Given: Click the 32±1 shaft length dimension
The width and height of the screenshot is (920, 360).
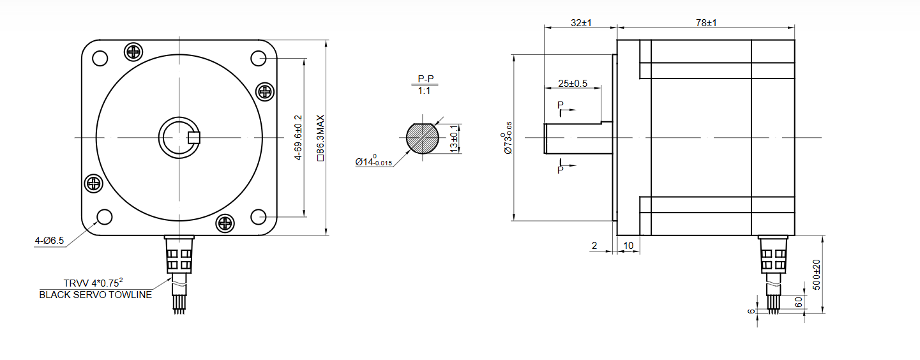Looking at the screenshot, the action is tap(581, 23).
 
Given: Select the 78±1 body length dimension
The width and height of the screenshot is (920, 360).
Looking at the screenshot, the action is tap(706, 23).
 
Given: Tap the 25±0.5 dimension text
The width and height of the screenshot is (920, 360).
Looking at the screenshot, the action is tap(573, 84).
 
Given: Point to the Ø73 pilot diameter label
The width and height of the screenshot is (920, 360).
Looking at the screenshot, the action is tap(507, 138).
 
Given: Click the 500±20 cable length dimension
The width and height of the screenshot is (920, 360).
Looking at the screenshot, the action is tap(817, 274).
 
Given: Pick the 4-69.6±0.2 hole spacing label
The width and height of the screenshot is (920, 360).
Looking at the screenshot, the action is tap(298, 137).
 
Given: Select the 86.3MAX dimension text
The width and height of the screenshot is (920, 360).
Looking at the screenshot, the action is tap(320, 138).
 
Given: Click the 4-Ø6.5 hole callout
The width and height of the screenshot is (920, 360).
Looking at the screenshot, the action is tap(50, 241).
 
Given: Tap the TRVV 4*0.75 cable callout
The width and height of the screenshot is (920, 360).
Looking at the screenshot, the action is tap(93, 283).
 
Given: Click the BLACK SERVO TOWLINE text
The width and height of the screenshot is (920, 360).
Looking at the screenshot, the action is tap(95, 295).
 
